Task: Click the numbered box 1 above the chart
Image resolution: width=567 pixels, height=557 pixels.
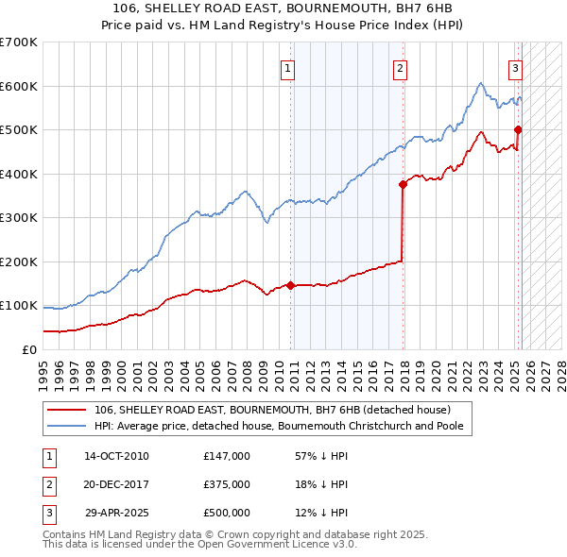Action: (285, 68)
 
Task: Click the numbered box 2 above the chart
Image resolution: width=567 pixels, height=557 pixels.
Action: (401, 68)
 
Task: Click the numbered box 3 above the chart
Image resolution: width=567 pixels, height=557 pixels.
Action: (516, 68)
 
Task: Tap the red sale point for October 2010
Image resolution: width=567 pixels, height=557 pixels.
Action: (291, 284)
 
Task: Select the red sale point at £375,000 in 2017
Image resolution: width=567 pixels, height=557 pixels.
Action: (404, 184)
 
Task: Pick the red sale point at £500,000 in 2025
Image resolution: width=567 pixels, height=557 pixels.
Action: (519, 129)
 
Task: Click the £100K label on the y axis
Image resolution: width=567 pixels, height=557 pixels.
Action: (19, 306)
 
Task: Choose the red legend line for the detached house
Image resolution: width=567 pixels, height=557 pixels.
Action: (66, 410)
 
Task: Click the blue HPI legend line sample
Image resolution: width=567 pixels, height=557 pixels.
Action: (66, 426)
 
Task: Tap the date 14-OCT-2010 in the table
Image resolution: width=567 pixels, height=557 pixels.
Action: (116, 456)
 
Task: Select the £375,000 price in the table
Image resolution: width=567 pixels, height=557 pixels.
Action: (226, 484)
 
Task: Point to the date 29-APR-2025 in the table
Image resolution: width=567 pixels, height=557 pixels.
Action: (116, 513)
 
